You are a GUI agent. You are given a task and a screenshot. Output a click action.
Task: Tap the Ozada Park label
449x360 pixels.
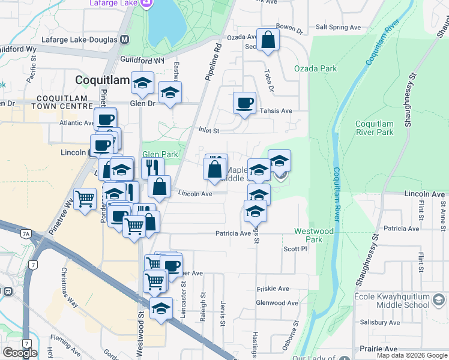[315, 68]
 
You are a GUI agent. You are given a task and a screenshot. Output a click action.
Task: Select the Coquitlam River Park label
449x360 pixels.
[374, 127]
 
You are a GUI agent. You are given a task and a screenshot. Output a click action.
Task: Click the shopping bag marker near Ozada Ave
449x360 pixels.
[269, 40]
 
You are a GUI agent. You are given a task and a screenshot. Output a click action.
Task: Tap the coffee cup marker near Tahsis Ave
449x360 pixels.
[244, 103]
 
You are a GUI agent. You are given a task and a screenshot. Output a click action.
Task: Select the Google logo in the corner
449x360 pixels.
[20, 353]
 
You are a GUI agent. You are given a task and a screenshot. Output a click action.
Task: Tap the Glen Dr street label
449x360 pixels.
[142, 103]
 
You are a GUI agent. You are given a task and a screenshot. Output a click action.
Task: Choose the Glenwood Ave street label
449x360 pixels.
[277, 303]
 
